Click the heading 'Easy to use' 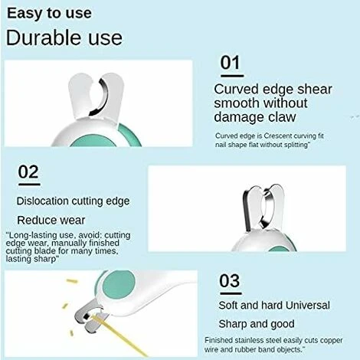coord(49,13)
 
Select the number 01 coord(231,63)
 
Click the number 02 coord(28,172)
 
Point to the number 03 coord(230,281)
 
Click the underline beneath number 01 coord(232,76)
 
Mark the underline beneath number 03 coord(231,293)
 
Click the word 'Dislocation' coord(43,201)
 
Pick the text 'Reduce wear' coord(51,221)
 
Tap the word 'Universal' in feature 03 coord(307,306)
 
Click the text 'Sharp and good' coord(257,324)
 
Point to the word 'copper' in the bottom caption coord(331,341)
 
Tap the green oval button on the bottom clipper coord(119,285)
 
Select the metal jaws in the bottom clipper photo coord(90,316)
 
